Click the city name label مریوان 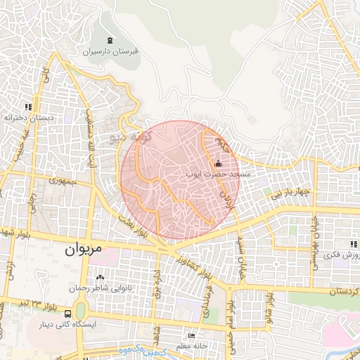pos(83,249)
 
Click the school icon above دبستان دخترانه pos(28,107)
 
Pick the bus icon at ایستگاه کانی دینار pos(67,314)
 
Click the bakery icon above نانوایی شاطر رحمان pos(99,278)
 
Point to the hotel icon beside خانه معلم pos(193,336)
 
